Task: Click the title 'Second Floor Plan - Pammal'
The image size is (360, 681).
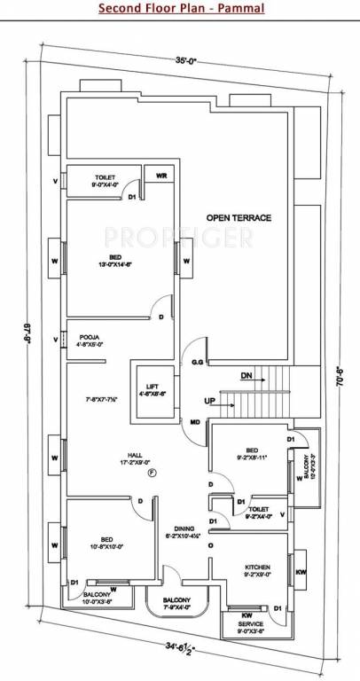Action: [x=180, y=10]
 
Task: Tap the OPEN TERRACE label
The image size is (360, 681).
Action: [x=239, y=217]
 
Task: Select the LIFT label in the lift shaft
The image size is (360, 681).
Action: [x=153, y=386]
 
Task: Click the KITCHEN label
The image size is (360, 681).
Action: [x=258, y=567]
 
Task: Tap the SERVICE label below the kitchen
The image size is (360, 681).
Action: [x=249, y=623]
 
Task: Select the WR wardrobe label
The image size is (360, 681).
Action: [x=160, y=176]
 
